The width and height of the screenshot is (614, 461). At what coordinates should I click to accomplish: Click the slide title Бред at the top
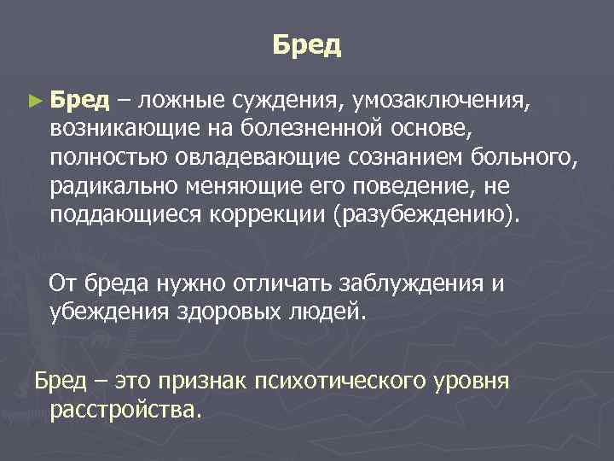pyautogui.click(x=307, y=44)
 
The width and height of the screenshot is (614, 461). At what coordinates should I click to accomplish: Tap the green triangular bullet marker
pyautogui.click(x=34, y=102)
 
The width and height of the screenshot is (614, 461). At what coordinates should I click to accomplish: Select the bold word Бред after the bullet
pyautogui.click(x=79, y=101)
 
